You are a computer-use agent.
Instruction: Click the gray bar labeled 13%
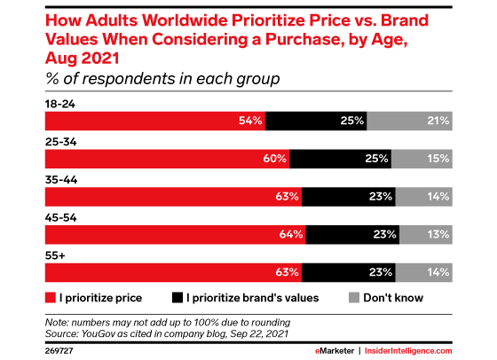[x=425, y=235]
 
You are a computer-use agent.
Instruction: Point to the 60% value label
[x=272, y=160]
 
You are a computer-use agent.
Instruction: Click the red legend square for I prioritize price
[x=49, y=298]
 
